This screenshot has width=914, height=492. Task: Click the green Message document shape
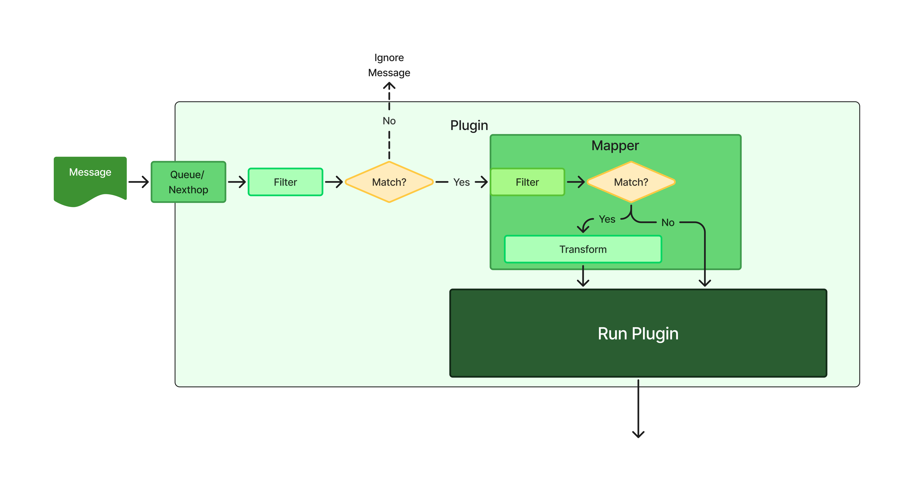90,179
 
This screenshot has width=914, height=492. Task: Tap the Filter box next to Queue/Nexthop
285,182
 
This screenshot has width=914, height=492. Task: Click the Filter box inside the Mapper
527,182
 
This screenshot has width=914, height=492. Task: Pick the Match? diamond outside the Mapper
389,182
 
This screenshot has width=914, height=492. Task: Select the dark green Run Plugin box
638,333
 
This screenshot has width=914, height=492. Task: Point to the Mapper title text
615,146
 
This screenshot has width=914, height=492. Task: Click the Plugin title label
469,125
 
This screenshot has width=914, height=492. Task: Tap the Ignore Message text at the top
389,65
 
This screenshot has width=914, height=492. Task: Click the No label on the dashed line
389,121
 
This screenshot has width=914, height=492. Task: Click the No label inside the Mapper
668,223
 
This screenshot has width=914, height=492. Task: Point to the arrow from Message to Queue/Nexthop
139,182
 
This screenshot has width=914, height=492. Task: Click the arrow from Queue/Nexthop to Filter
237,182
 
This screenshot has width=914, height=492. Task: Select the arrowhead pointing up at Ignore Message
389,86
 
